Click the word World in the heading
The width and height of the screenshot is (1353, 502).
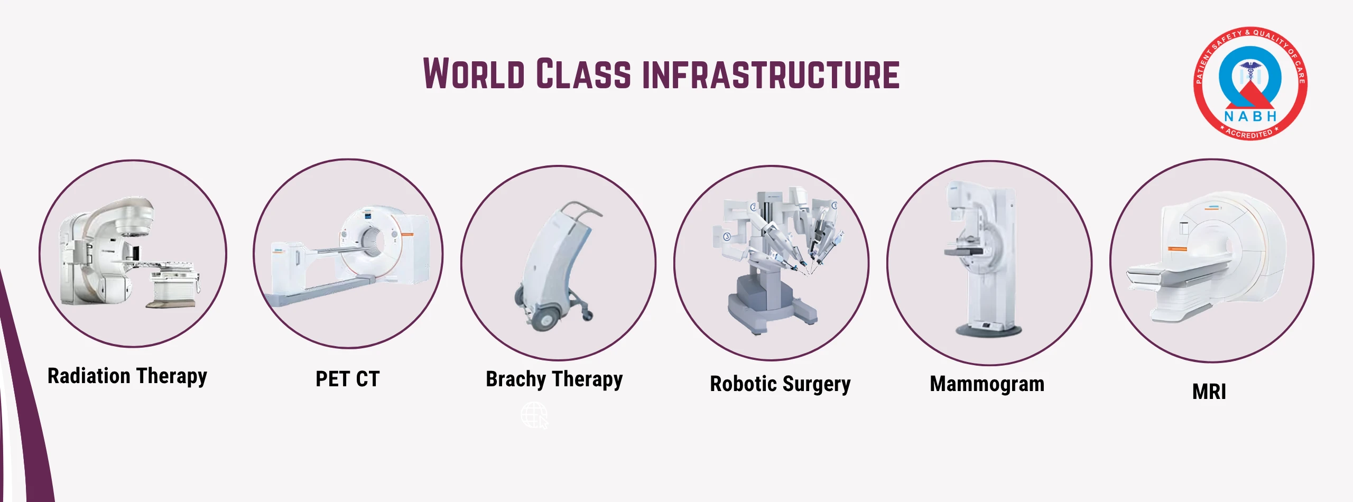474,73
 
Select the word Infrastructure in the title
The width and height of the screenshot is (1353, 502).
771,75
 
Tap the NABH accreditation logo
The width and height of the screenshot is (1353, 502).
1250,83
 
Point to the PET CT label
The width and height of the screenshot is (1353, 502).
348,379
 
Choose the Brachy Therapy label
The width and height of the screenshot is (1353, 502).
554,379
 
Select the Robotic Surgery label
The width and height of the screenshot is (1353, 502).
780,384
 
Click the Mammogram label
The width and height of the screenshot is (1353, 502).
987,384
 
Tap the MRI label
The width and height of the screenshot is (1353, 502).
1209,392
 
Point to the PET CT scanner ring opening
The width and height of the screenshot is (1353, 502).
372,240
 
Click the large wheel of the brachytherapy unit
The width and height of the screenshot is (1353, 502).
544,319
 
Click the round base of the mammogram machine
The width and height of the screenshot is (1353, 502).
988,330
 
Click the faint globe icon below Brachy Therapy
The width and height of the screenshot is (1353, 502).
534,415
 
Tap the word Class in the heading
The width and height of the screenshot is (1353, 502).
583,73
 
